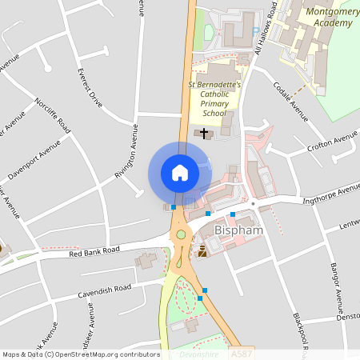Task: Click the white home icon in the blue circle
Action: [x=180, y=172]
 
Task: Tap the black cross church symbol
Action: [x=204, y=132]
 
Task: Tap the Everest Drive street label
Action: [x=90, y=87]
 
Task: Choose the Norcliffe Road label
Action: [x=54, y=115]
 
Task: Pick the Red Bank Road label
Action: [x=94, y=251]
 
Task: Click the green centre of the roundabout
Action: [x=182, y=234]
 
